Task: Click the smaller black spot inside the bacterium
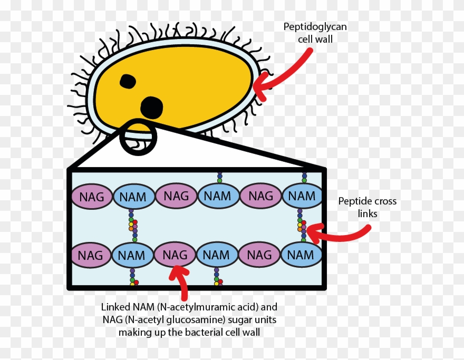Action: (128, 81)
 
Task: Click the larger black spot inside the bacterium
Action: (152, 107)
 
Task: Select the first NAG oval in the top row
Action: (92, 197)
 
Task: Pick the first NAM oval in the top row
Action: (134, 197)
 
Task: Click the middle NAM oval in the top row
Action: (218, 197)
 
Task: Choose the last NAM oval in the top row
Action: (302, 196)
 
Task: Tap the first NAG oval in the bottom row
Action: (91, 255)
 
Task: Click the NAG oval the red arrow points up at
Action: (175, 255)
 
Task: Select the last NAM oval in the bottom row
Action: (301, 255)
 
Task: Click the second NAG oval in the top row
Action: (176, 197)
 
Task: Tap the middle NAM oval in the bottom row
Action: (217, 255)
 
